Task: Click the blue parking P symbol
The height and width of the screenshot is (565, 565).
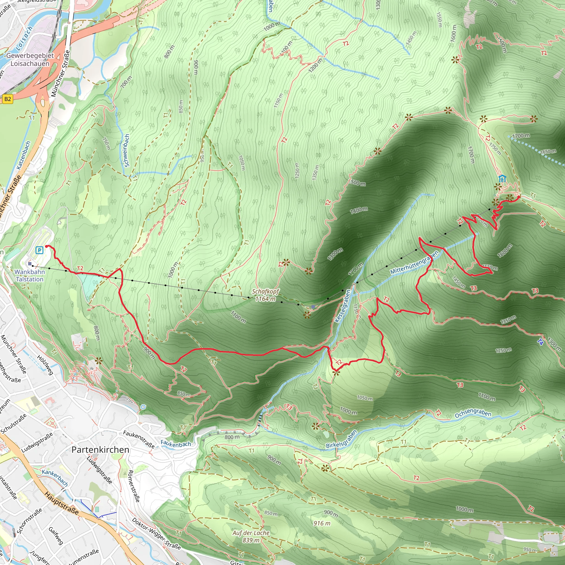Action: click(39, 250)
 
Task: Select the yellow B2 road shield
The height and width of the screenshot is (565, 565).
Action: click(8, 99)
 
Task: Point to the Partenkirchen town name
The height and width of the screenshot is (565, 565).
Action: click(100, 450)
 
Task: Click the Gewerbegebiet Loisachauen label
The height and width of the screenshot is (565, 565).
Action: click(30, 59)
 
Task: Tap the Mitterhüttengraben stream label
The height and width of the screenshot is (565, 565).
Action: click(414, 262)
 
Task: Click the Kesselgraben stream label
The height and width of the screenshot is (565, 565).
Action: click(343, 306)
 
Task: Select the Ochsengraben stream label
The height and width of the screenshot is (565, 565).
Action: click(473, 413)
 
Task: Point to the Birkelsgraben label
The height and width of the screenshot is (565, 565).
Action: click(342, 439)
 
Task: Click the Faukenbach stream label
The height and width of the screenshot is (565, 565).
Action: click(176, 444)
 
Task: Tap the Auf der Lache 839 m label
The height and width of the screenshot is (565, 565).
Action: click(251, 536)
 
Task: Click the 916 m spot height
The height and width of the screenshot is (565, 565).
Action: click(322, 523)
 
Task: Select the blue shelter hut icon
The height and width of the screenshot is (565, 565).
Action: click(502, 178)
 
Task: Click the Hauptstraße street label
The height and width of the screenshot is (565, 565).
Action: click(62, 503)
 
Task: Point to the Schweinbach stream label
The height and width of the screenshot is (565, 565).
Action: click(127, 151)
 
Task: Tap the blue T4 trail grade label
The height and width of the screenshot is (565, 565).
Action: click(540, 342)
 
